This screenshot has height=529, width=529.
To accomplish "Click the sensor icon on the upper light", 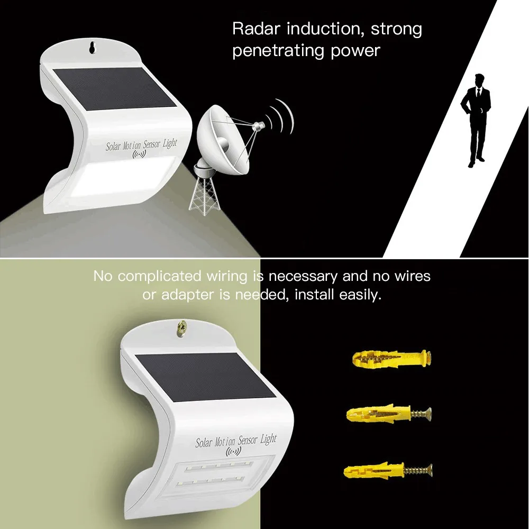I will [x=140, y=155].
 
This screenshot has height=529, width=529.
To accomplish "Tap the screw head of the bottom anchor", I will [x=430, y=468].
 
